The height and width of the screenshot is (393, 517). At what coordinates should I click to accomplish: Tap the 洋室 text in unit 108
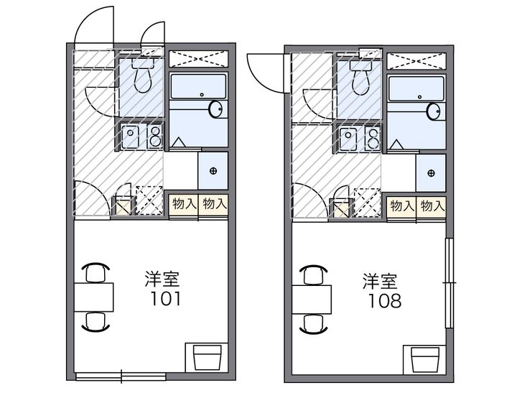(380, 280)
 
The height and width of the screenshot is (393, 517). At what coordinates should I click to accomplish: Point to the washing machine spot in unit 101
(213, 171)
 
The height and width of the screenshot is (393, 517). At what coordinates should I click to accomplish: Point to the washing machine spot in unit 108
(430, 173)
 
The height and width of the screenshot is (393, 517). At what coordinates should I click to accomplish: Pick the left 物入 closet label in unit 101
(184, 204)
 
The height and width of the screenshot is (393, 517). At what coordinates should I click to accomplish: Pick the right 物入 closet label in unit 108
(432, 206)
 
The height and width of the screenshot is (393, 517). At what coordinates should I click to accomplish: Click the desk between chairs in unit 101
(94, 296)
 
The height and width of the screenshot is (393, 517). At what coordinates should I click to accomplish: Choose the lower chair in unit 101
(95, 320)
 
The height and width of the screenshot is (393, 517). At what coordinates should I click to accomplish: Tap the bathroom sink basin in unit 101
(216, 110)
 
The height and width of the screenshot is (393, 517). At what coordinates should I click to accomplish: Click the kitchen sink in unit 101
(131, 135)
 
